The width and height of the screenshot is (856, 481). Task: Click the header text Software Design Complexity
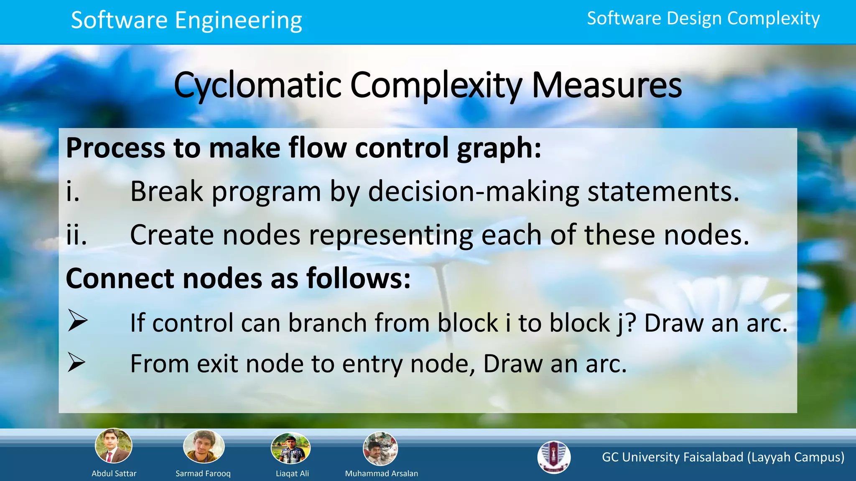[703, 18]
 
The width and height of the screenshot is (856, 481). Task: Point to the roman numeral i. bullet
[73, 192]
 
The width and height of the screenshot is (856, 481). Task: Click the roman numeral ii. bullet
[76, 235]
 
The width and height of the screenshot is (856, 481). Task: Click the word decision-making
[474, 192]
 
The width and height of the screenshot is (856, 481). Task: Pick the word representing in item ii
[391, 235]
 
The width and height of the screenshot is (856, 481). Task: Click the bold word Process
[115, 148]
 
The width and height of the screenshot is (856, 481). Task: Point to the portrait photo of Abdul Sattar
[114, 446]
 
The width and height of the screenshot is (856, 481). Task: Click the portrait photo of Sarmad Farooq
[204, 446]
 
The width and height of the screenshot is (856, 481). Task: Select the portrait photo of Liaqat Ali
[291, 448]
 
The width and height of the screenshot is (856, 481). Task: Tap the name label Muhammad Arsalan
[381, 473]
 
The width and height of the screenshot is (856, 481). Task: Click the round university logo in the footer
[554, 457]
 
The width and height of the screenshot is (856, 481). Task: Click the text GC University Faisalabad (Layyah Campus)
[723, 457]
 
